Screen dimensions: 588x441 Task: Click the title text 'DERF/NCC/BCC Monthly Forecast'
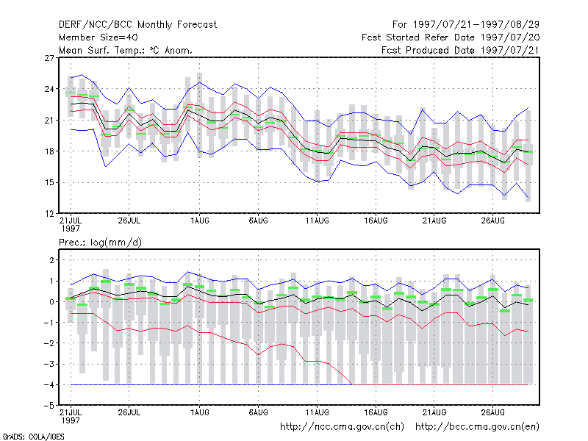coord(137,25)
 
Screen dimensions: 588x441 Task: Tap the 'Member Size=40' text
coord(98,37)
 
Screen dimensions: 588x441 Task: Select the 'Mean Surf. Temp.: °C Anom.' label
coord(126,50)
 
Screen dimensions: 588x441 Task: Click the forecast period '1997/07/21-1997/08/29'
coord(476,25)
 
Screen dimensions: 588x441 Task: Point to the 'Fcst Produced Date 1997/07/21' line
coord(460,50)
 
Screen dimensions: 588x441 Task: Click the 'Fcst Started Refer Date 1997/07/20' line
coord(451,37)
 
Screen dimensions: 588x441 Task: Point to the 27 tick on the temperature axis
coord(49,58)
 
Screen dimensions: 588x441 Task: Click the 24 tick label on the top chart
coord(49,89)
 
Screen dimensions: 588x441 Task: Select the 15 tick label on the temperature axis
coord(49,182)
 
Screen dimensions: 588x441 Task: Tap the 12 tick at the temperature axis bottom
coord(49,214)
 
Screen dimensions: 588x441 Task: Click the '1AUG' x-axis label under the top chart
coord(199,221)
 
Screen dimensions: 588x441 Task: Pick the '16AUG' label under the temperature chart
coord(376,221)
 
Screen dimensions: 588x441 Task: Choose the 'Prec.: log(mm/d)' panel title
coord(100,243)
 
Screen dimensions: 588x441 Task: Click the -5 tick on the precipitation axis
coord(49,406)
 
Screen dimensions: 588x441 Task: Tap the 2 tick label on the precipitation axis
coord(51,260)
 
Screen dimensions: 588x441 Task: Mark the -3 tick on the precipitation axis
coord(49,364)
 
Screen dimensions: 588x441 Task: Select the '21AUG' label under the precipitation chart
coord(434,412)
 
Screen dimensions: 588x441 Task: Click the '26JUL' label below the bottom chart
coord(129,412)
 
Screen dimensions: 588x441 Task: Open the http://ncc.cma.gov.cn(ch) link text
coord(342,427)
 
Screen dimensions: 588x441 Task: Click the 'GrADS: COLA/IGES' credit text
coord(34,437)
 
